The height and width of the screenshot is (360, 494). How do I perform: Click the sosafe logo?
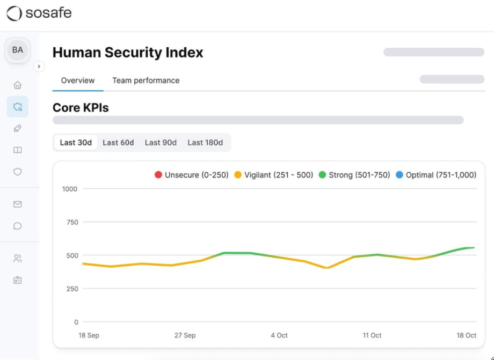point(39,13)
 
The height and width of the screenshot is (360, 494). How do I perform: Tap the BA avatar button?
point(18,50)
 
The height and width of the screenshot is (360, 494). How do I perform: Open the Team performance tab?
point(146,80)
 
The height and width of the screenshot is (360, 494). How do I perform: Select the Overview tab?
point(78,80)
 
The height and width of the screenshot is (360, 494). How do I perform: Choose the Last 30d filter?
point(76,143)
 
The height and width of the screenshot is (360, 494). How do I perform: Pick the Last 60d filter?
point(118,143)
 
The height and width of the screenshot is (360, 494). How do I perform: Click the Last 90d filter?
point(161,143)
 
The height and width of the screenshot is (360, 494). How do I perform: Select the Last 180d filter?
point(205,143)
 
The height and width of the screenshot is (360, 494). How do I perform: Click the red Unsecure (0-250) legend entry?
point(192,175)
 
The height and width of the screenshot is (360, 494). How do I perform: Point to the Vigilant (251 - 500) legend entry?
point(274,175)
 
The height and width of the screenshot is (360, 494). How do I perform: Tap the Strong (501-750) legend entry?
point(354,175)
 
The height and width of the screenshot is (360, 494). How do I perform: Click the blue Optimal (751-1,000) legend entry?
point(436,175)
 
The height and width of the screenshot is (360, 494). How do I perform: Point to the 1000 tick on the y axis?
point(70,189)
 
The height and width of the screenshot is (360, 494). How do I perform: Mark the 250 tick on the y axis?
point(72,289)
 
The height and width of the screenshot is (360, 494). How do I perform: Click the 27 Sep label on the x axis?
point(185,335)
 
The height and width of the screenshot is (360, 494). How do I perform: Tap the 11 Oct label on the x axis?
point(372,335)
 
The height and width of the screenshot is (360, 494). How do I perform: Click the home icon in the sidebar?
point(18,85)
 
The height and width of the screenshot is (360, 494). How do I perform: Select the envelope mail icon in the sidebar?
point(18,204)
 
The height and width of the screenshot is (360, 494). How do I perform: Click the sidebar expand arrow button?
point(39,67)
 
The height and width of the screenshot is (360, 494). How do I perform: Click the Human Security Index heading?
point(128,53)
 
